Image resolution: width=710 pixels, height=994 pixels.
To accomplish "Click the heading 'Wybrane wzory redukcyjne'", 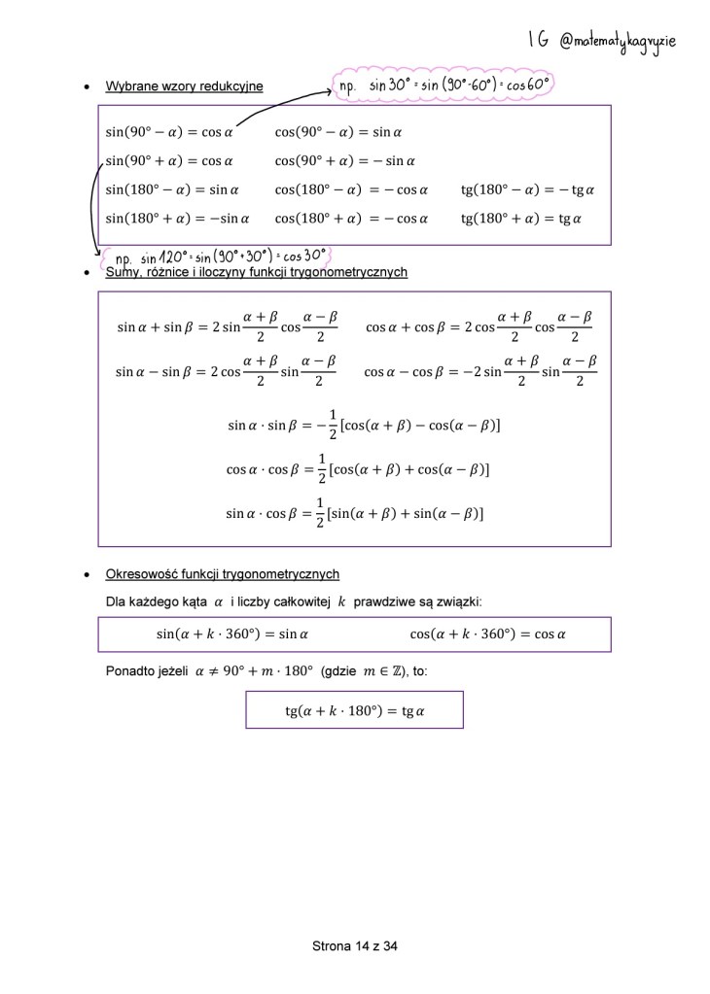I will point(184,86).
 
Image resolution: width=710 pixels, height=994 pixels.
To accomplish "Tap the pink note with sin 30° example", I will point(444,86).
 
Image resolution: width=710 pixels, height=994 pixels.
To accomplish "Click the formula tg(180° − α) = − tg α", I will point(528,189).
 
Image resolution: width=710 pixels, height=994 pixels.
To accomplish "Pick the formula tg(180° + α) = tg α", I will point(521,219).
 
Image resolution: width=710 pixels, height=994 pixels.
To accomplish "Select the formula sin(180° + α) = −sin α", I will point(177,219).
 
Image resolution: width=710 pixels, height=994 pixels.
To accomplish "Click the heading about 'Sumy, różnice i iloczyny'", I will point(256,272).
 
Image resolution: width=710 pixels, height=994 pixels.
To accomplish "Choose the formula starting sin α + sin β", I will point(227,327).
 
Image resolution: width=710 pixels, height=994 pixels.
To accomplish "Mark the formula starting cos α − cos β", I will point(480,371).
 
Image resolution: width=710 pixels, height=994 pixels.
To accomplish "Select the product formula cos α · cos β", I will point(357,469).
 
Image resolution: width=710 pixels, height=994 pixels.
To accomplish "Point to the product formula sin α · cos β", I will point(355,512).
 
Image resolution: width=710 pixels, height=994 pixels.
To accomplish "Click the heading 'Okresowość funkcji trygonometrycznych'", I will point(222,574).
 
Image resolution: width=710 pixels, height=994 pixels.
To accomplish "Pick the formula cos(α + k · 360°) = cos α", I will point(487,634).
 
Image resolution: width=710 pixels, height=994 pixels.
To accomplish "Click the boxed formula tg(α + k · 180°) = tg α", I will point(355,710).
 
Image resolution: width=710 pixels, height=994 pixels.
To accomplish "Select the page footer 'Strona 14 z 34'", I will point(355,945).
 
